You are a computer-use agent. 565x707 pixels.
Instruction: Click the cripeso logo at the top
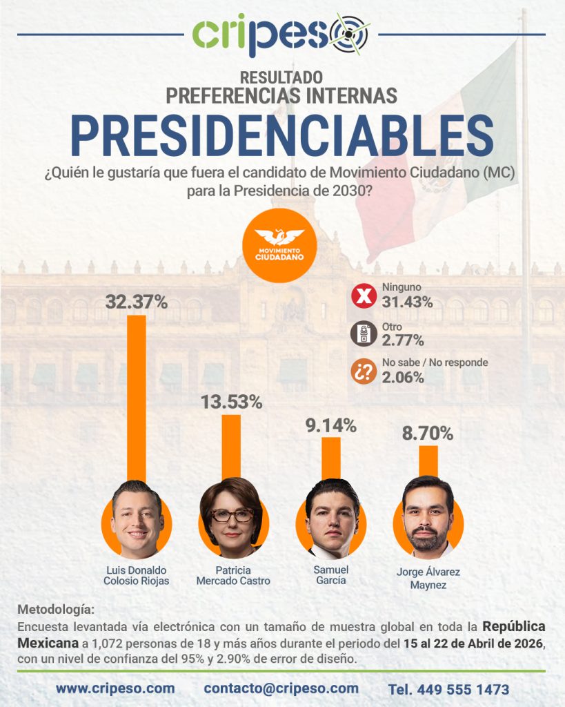click(281, 35)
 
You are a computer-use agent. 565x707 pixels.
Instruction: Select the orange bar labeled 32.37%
click(137, 397)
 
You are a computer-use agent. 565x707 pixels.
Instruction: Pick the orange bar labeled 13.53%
click(231, 446)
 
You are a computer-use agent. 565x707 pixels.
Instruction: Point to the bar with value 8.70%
click(428, 461)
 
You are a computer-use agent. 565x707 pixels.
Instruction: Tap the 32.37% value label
click(137, 301)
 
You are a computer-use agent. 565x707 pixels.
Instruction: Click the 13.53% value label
click(231, 402)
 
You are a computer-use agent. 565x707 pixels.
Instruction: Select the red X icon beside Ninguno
click(363, 297)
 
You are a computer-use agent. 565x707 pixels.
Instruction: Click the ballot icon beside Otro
click(363, 335)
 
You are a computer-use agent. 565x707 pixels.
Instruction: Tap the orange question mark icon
click(363, 371)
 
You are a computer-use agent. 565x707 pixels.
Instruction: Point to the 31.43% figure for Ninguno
click(407, 302)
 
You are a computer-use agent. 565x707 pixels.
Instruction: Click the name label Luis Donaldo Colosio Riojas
click(136, 576)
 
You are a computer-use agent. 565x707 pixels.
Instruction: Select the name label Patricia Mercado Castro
click(232, 576)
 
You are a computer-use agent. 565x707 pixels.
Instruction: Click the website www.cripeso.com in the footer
click(115, 688)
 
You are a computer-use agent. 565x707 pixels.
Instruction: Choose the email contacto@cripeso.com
click(281, 688)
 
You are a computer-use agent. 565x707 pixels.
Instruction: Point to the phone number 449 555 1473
click(448, 689)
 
